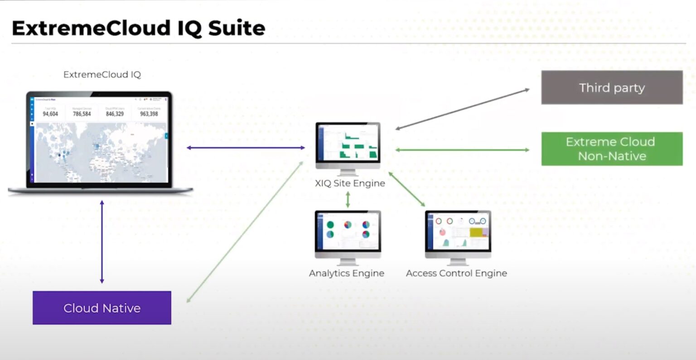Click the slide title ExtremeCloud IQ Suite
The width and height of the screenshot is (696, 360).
[x=138, y=28]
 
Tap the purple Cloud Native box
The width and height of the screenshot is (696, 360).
[x=102, y=308]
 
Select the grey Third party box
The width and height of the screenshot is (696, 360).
[x=612, y=87]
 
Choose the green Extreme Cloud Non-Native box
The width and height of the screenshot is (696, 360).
[x=612, y=149]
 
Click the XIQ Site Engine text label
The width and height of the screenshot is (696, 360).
[x=350, y=183]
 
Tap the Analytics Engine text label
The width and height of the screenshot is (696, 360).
[x=347, y=274]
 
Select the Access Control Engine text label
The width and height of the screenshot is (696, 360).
[x=456, y=274]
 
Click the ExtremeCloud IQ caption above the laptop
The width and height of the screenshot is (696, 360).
[x=102, y=75]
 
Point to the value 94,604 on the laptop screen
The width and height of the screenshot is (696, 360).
[x=50, y=114]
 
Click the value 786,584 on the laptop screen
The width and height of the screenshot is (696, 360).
[x=82, y=114]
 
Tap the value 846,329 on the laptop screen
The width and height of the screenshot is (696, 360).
[x=115, y=114]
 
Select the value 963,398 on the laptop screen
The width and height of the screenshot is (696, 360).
[x=149, y=114]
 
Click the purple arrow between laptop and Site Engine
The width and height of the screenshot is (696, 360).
[x=246, y=148]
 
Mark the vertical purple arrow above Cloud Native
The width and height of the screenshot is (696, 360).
[x=102, y=242]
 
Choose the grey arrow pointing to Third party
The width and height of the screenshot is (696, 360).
[x=462, y=109]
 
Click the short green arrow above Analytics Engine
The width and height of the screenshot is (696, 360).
[x=348, y=200]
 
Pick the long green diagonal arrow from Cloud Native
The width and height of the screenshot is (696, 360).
[x=245, y=232]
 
